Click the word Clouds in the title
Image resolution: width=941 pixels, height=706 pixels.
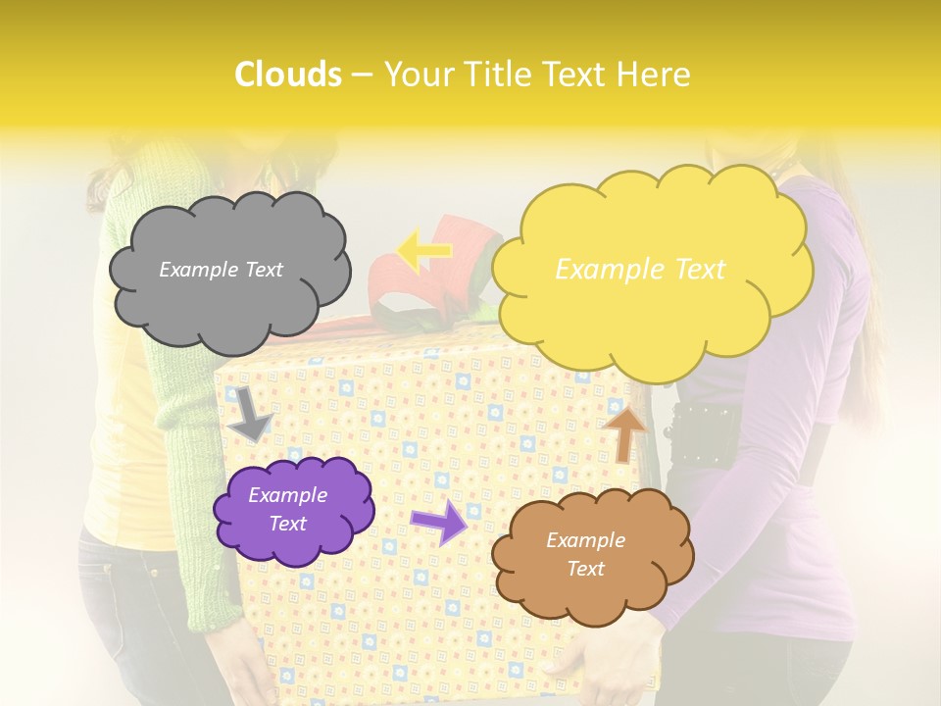[x=288, y=75]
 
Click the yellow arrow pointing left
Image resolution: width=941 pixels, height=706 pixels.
[x=423, y=252]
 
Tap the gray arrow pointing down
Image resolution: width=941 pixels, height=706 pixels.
[x=251, y=413]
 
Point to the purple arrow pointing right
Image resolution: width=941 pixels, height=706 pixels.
[x=438, y=521]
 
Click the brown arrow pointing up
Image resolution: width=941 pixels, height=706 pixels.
[x=624, y=432]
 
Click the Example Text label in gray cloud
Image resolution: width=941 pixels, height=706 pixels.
[x=221, y=270]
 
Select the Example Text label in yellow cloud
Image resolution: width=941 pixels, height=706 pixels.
[x=640, y=270]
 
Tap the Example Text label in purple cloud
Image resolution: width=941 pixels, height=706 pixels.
[x=288, y=510]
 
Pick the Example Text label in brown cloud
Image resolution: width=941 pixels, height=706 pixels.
[x=585, y=555]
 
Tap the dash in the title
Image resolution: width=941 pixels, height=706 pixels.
[x=362, y=76]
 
